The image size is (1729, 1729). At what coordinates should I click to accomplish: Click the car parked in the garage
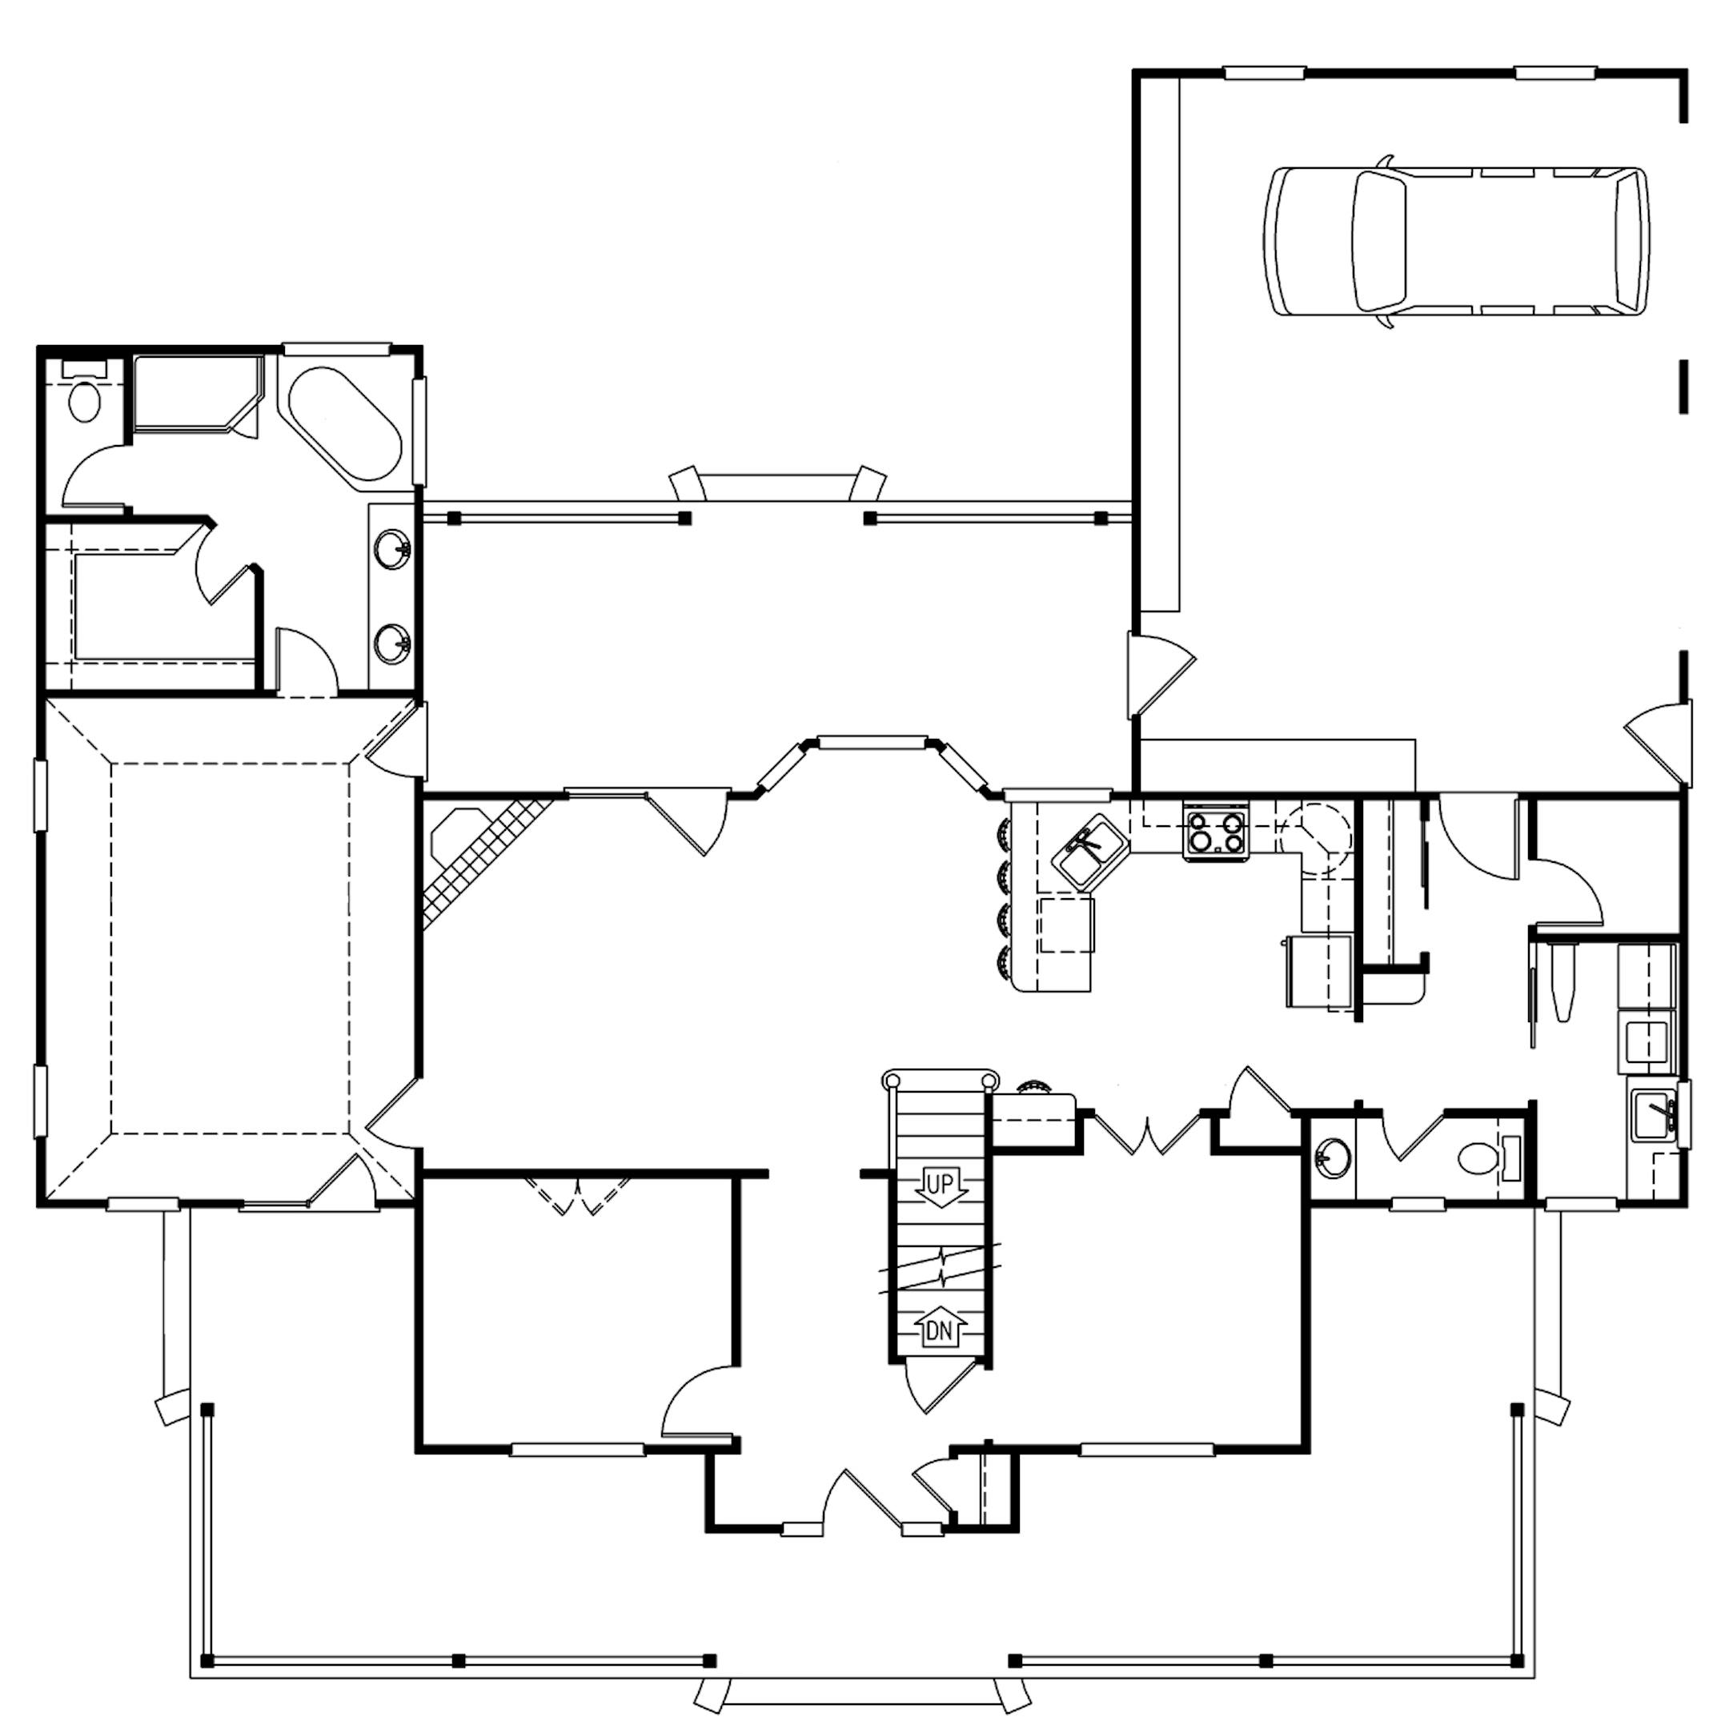click(x=1457, y=242)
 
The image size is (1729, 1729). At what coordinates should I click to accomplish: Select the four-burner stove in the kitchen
click(x=1215, y=832)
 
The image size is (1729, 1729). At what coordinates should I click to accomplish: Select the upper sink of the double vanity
click(x=393, y=548)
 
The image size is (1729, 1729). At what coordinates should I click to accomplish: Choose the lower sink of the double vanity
click(x=392, y=643)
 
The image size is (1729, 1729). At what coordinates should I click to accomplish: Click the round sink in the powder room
click(x=1334, y=1159)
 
